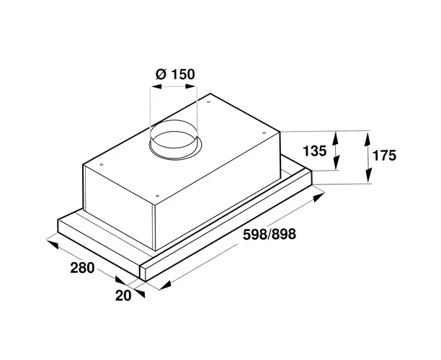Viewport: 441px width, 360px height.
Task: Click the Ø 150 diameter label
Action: coord(175,74)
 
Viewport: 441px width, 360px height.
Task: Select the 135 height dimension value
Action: coord(314,151)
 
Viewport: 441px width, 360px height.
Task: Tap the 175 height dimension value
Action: coord(384,156)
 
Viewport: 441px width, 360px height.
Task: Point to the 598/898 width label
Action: coord(269,234)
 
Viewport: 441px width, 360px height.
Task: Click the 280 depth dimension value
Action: coord(82,268)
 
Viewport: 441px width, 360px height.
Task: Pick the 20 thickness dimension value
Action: coord(123,295)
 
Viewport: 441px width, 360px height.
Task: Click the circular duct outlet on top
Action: coord(176,140)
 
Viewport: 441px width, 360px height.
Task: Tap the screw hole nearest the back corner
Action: coord(208,102)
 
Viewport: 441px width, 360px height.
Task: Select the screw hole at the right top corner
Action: coord(264,133)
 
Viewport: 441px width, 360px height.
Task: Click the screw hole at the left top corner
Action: coord(102,165)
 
